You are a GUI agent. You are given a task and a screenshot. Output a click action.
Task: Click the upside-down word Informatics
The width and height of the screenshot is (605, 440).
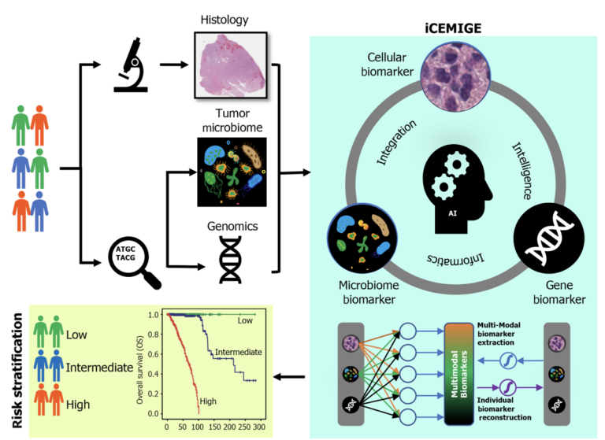coord(451,257)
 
